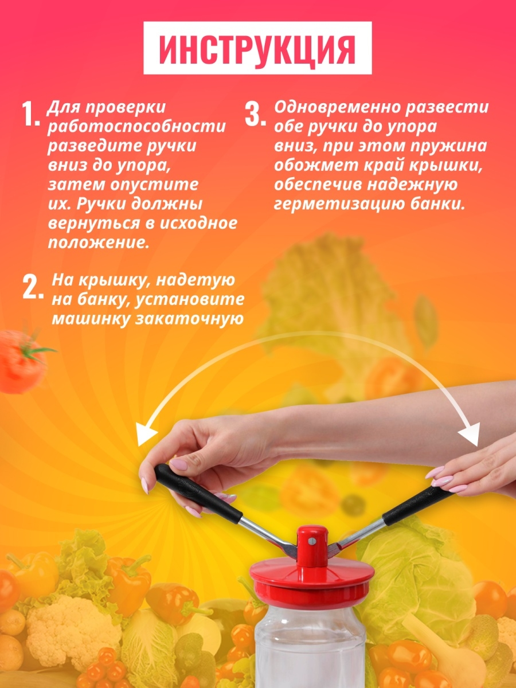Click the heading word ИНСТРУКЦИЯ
coord(257,50)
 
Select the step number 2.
coord(33,287)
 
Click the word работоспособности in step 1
coord(136,127)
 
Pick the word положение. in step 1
coord(99,243)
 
